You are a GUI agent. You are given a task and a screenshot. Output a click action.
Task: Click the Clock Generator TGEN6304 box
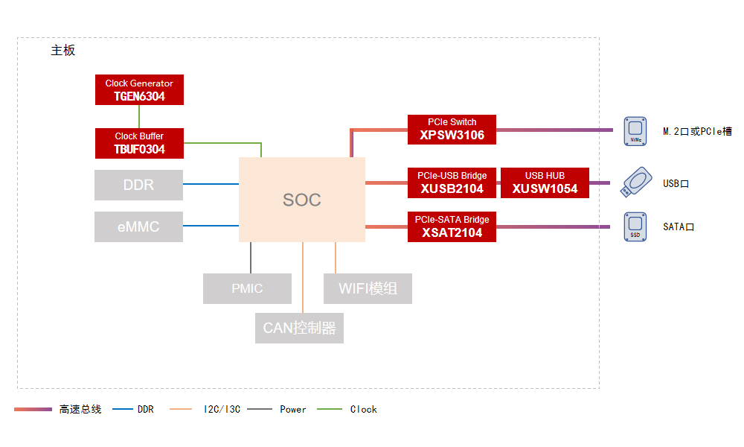tap(139, 90)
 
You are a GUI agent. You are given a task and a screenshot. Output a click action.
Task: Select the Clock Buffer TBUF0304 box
tap(139, 143)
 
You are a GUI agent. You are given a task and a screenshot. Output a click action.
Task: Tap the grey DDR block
tap(138, 185)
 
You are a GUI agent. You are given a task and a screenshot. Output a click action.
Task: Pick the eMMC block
tap(138, 226)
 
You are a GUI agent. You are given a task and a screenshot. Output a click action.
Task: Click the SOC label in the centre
tap(302, 200)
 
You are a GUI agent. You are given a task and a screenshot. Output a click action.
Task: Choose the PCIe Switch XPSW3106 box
tap(452, 129)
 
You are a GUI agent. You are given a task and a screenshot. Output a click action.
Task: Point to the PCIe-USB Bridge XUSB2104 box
tap(452, 183)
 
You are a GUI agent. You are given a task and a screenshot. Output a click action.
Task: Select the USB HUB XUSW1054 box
tap(545, 183)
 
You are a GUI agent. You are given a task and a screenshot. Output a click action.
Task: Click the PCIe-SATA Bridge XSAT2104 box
tap(452, 226)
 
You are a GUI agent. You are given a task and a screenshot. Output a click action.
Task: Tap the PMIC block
tap(247, 288)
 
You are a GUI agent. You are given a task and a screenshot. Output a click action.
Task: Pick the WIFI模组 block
tap(368, 288)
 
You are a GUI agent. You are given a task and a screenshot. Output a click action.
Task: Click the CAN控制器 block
tap(299, 328)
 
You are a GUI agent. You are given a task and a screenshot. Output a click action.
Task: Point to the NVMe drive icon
tap(635, 131)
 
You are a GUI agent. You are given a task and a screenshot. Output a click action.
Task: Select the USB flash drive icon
tap(636, 182)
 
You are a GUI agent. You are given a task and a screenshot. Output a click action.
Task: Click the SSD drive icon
tap(635, 226)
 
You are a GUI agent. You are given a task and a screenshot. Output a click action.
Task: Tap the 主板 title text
tap(63, 51)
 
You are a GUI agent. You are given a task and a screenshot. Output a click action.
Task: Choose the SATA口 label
tap(679, 227)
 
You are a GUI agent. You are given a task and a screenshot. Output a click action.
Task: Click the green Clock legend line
tap(330, 409)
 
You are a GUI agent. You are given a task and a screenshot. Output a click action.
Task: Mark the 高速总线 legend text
tap(80, 410)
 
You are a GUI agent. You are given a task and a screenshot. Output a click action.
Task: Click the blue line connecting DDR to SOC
tap(211, 184)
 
